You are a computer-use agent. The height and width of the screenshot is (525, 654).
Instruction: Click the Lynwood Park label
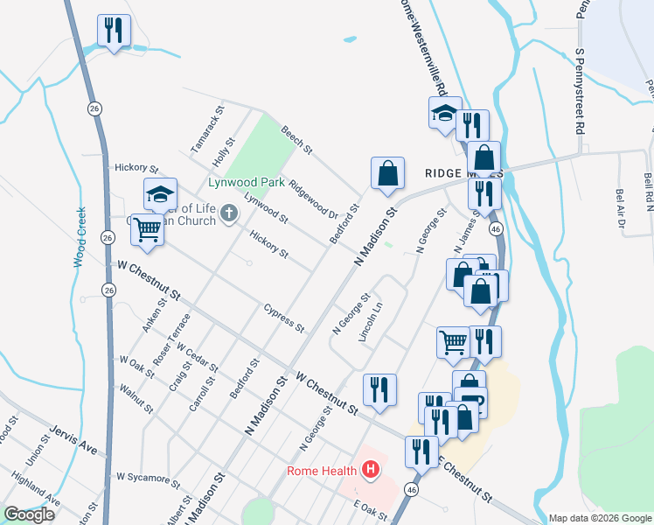(247, 183)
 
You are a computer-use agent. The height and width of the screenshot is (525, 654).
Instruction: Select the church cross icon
(229, 213)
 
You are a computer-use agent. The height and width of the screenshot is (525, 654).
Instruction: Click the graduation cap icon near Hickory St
(160, 194)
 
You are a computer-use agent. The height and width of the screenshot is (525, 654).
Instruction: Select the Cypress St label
(284, 318)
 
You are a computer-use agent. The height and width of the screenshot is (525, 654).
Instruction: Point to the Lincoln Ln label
(374, 322)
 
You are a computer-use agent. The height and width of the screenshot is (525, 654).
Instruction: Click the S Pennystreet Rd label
(579, 87)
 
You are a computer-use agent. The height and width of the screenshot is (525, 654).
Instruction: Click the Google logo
(29, 514)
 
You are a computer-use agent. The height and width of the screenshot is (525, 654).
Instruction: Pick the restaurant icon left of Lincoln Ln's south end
(379, 389)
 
